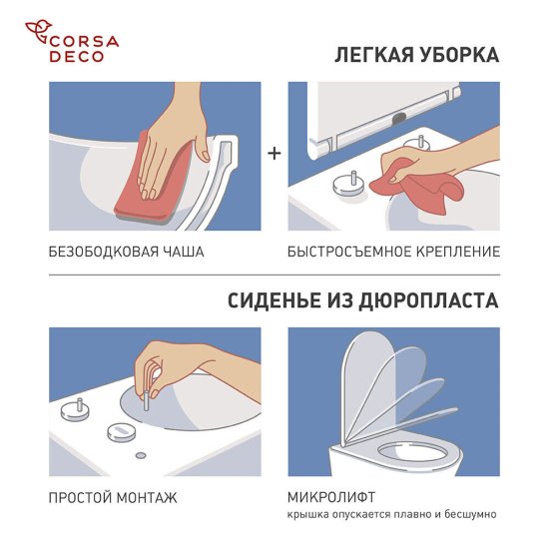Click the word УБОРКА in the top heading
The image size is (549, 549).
point(460,55)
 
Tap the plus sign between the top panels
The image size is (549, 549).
point(274,153)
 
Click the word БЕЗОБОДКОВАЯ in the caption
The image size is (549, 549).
point(105,252)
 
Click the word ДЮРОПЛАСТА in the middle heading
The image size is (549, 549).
point(426,299)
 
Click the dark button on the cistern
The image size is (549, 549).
point(399,114)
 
